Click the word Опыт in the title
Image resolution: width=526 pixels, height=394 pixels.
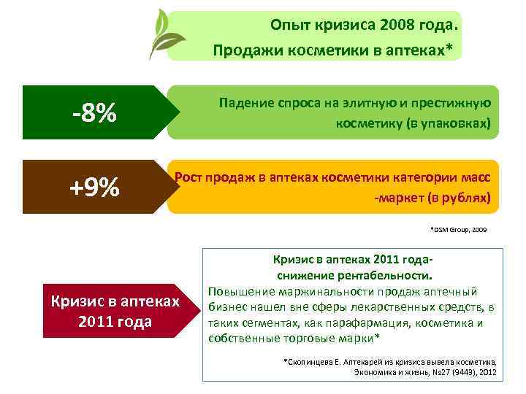289,26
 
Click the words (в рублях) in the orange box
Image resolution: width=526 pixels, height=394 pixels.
453,198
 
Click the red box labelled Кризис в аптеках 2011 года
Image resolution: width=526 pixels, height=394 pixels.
113,311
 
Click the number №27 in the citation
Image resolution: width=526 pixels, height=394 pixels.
428,372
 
